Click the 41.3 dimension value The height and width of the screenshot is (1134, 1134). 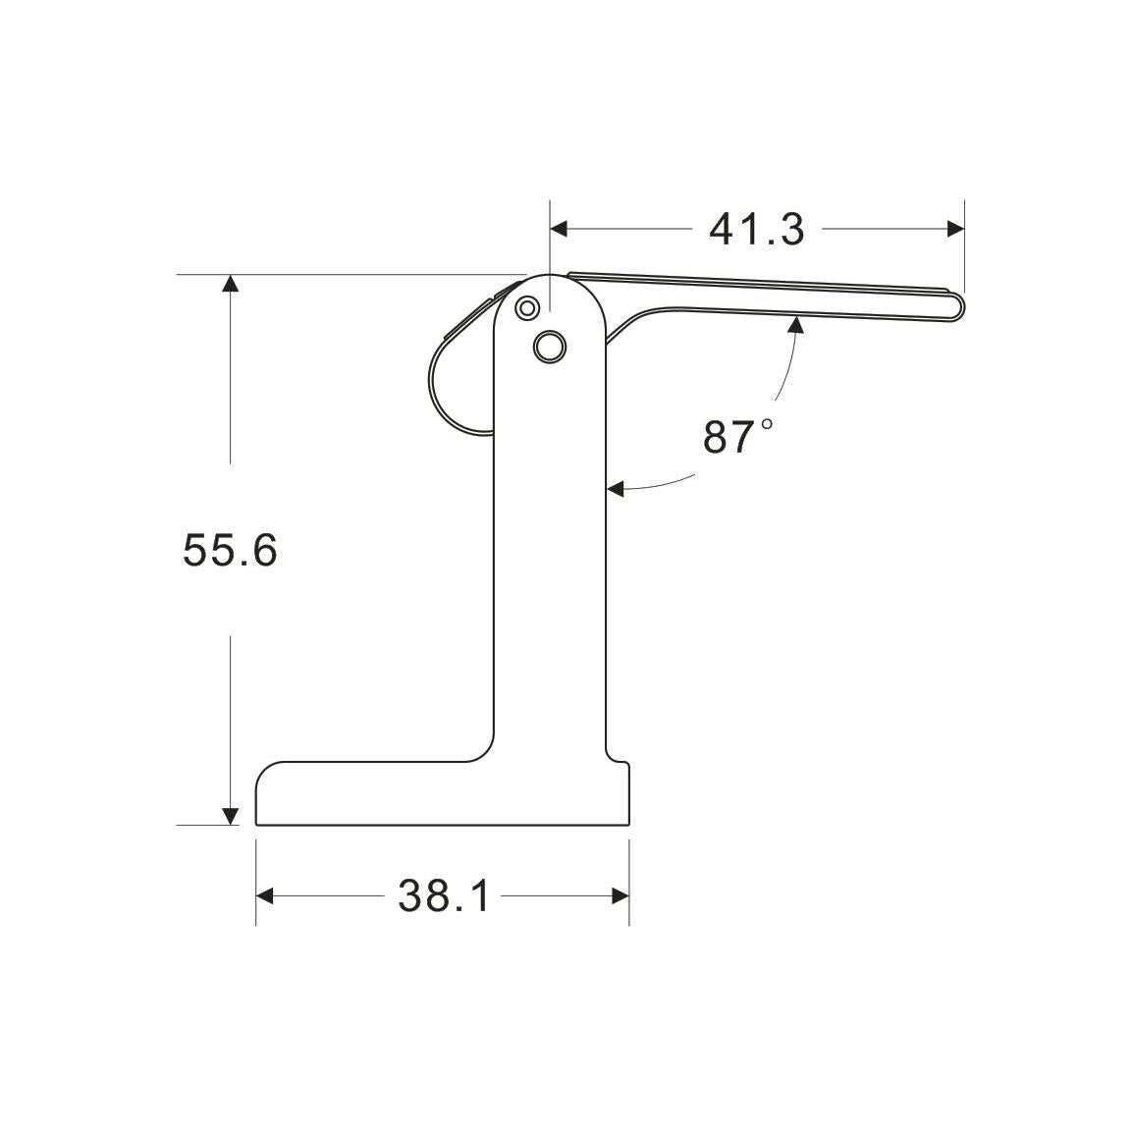coord(756,230)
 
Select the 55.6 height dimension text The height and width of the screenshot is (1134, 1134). coord(230,550)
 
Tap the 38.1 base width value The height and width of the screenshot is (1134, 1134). coord(443,895)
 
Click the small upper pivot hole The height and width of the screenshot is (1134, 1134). coord(527,308)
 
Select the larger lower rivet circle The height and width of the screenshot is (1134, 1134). coord(550,346)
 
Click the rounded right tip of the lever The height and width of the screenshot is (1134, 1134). coord(958,307)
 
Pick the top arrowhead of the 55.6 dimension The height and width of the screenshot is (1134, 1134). coord(230,284)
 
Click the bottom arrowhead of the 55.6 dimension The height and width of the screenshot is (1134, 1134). coord(230,816)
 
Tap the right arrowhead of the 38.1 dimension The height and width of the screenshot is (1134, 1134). coord(620,895)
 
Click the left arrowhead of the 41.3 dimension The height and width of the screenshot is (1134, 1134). coord(559,229)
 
